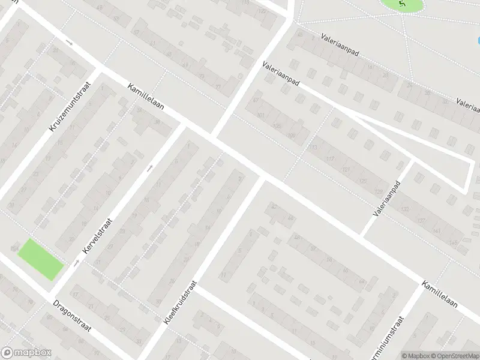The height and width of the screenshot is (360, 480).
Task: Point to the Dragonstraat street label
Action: pyautogui.click(x=71, y=315)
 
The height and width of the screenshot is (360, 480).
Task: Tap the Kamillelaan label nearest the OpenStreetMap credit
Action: pyautogui.click(x=439, y=295)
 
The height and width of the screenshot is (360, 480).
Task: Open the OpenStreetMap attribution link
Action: pyautogui.click(x=454, y=355)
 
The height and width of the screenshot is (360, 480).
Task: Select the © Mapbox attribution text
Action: pyautogui.click(x=415, y=355)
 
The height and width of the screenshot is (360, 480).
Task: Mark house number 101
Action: pyautogui.click(x=260, y=115)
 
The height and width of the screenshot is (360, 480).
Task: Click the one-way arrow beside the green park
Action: pyautogui.click(x=77, y=262)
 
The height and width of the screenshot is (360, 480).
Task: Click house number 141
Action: pyautogui.click(x=436, y=230)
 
